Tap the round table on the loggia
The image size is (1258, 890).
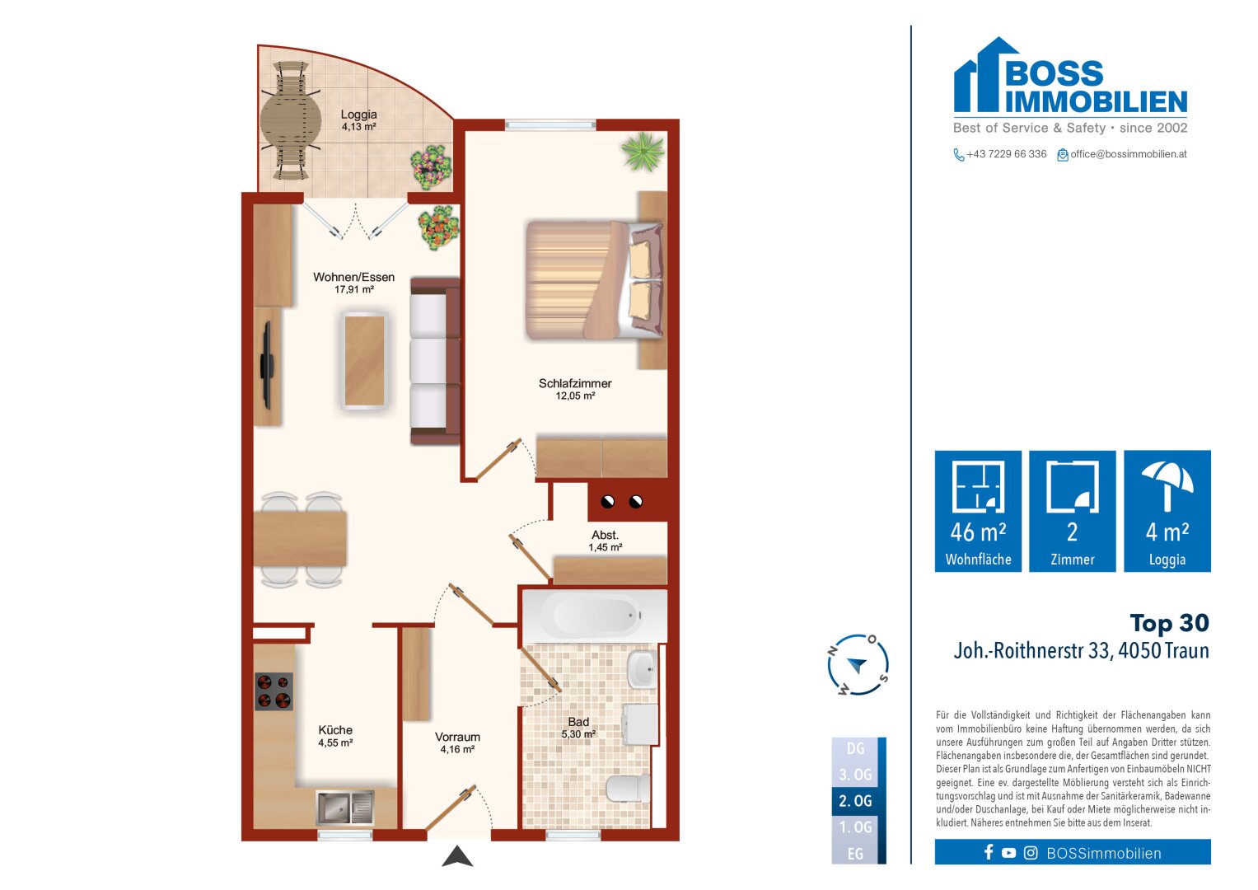[x=290, y=122]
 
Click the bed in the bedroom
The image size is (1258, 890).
[x=593, y=280]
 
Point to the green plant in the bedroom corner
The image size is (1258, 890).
[x=642, y=152]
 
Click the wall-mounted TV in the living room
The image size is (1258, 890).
[x=266, y=365]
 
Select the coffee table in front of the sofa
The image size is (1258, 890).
[x=364, y=361]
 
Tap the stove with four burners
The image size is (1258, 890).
[x=274, y=691]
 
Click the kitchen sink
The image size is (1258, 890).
[x=344, y=808]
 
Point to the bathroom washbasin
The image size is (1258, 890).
[x=642, y=669]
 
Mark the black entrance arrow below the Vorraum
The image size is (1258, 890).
[x=457, y=857]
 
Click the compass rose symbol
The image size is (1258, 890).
[x=858, y=665]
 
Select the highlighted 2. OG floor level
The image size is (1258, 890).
[x=856, y=801]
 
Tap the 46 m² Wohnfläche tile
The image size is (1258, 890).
[x=978, y=511]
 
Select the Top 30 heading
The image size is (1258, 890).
[x=1169, y=623]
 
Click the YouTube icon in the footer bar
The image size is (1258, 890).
[x=1008, y=853]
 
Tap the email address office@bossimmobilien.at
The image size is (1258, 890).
[x=1128, y=154]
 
